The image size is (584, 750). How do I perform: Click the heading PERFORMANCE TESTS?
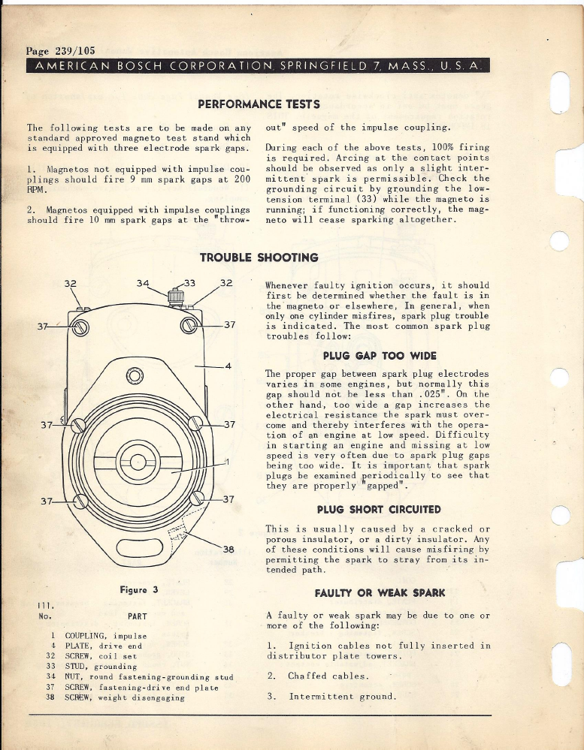pos(259,104)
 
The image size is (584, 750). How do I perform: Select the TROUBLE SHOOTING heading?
pos(259,258)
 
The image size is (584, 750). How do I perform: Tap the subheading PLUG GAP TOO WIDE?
pos(379,355)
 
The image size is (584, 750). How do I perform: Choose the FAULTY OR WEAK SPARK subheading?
pos(378,592)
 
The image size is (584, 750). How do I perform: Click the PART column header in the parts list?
pos(136,616)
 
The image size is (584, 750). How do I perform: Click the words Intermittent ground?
pos(342,696)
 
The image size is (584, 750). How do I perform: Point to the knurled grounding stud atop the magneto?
pos(175,296)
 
